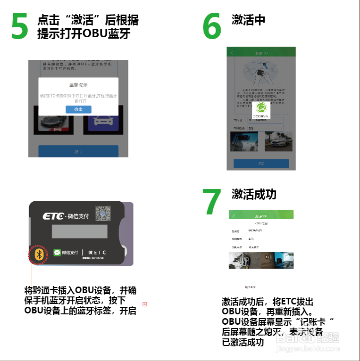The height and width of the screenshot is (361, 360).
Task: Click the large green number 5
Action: (x=19, y=26)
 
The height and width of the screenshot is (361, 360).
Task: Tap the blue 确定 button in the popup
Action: (x=78, y=109)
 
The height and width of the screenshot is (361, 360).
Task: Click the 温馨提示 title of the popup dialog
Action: (x=78, y=85)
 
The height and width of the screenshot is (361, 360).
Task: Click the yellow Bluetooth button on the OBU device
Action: (x=40, y=254)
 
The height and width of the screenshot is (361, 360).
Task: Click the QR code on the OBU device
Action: (x=103, y=214)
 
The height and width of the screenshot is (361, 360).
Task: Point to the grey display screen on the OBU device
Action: (x=79, y=231)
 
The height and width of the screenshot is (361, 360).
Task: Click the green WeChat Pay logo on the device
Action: (x=57, y=253)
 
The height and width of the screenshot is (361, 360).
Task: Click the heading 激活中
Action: (x=248, y=20)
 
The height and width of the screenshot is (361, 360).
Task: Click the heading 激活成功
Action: (x=254, y=194)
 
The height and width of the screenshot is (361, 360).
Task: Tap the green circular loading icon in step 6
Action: (x=261, y=108)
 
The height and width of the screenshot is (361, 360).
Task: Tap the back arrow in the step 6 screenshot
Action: (x=232, y=53)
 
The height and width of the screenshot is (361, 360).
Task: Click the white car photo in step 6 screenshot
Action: (x=278, y=141)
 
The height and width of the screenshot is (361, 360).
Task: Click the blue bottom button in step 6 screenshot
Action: (x=261, y=164)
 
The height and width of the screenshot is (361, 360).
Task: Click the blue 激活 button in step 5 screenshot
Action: (x=78, y=151)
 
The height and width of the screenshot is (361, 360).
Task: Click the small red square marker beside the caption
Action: (x=145, y=304)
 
